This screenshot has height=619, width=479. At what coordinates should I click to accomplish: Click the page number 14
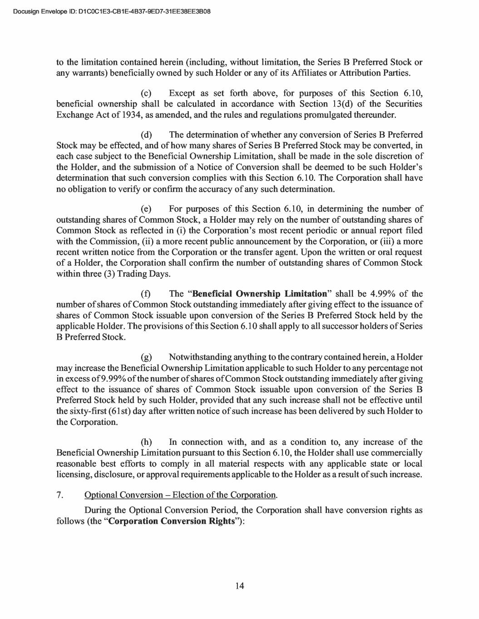point(240,586)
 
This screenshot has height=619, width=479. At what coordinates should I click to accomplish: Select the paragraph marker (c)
point(146,93)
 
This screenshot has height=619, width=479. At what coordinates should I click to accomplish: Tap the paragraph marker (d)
point(146,135)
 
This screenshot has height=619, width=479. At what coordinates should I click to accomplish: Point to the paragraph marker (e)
point(146,209)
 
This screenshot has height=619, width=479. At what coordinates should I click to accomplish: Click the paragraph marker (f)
point(146,294)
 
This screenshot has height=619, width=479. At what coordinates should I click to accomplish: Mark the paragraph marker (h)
point(146,442)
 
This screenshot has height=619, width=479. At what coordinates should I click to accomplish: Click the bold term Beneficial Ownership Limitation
point(260,294)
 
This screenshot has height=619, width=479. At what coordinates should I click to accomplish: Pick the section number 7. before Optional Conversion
point(59,495)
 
